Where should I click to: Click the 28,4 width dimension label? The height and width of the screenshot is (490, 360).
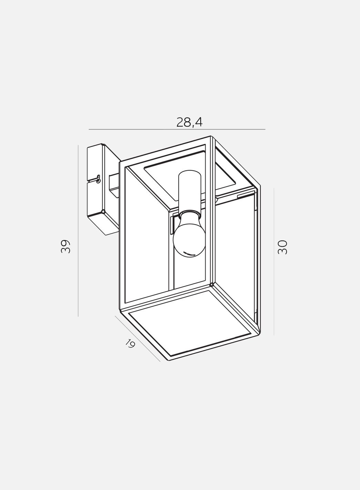pos(189,122)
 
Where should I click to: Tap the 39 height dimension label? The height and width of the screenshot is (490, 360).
pos(66,247)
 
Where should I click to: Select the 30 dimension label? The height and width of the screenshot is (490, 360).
pos(282,247)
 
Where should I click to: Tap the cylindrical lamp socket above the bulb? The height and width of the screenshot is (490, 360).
pos(190,190)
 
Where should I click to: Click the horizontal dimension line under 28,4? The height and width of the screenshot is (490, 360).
pos(177,129)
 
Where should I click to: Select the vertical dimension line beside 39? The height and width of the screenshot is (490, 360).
pos(78,231)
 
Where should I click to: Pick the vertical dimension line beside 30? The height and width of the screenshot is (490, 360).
pos(274,262)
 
